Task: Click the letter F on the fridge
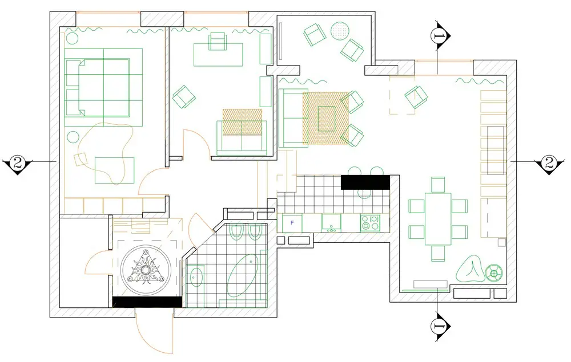click(292, 223)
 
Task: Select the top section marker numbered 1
click(438, 35)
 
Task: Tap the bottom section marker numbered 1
click(438, 326)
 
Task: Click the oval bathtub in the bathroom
click(243, 275)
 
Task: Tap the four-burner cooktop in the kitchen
click(370, 223)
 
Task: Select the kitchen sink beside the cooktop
click(331, 223)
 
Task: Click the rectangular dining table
click(438, 219)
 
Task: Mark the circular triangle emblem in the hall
click(146, 270)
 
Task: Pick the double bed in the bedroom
click(97, 88)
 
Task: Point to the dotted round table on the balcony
click(340, 31)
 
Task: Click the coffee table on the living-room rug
click(327, 119)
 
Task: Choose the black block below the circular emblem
click(147, 302)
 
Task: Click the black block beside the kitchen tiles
click(365, 182)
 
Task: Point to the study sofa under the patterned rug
click(242, 136)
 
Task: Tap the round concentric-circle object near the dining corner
click(494, 272)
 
